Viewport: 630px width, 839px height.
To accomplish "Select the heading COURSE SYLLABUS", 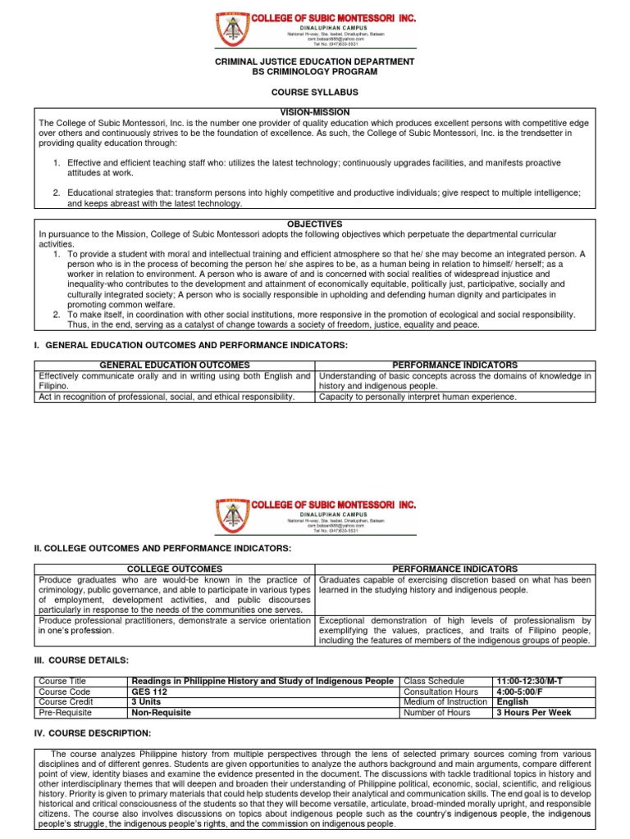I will (x=314, y=93).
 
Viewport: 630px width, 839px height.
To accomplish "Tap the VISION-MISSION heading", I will (x=314, y=112).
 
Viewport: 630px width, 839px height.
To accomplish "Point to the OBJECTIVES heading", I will (x=314, y=224).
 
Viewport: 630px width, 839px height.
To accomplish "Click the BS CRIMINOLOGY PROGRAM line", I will (x=314, y=73).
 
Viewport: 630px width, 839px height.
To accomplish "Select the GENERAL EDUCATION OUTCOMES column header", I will (x=174, y=365).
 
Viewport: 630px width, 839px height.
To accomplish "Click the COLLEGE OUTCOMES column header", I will (x=174, y=569).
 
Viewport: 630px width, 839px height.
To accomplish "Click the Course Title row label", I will (x=62, y=681).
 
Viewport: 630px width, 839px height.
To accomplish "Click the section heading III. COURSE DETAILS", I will (x=81, y=660).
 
